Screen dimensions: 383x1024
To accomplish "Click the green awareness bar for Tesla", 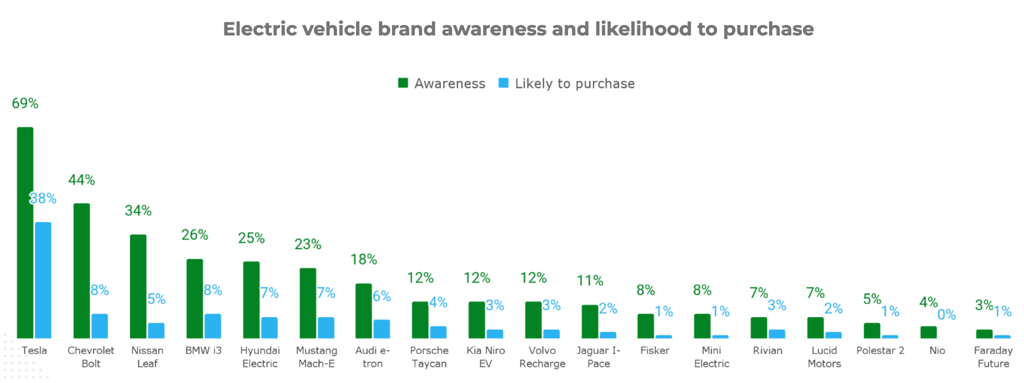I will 25,233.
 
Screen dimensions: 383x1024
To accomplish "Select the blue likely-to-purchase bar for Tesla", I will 43,280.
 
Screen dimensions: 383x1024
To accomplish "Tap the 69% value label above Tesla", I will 25,103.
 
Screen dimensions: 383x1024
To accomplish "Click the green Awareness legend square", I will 403,83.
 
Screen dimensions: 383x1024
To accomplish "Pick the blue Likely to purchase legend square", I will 503,83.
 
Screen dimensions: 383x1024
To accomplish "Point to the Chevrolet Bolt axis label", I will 91,357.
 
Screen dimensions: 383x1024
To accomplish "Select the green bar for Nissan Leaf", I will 138,286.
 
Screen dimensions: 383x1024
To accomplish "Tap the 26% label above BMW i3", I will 194,235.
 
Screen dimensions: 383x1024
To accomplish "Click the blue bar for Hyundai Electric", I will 269,328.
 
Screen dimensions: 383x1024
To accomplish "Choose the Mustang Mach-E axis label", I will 316,357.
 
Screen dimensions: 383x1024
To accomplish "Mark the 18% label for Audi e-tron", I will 363,259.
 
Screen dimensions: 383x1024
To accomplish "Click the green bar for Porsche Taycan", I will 420,320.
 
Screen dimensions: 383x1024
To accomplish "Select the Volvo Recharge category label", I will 542,357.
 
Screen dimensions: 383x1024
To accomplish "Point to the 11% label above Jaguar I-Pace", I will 590,281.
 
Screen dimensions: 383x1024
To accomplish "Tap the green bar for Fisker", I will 645,326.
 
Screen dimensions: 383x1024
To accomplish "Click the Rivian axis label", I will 767,351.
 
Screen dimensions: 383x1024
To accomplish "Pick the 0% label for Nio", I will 946,315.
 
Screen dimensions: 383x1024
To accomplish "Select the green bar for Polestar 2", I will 872,331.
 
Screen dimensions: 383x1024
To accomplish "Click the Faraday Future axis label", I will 993,357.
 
